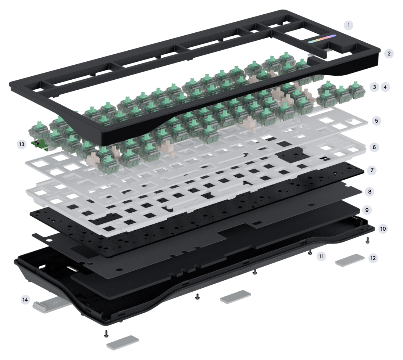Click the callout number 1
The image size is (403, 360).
pos(348,25)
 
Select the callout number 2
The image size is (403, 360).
pos(388,53)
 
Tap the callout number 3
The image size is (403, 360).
pos(374,87)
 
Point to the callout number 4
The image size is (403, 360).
pos(385,87)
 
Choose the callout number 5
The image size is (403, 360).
pos(376,120)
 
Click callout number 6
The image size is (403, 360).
pos(374,147)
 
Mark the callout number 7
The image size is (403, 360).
pos(372,170)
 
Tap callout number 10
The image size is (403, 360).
pos(383,228)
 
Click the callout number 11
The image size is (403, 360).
pos(322,256)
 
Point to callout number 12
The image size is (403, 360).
pos(373,258)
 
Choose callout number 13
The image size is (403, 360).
pos(22,144)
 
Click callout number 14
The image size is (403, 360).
pos(25,300)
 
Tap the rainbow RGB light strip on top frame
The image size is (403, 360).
pos(322,39)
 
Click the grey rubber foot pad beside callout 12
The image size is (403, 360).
pos(350,260)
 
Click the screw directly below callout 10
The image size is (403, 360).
pos(367,240)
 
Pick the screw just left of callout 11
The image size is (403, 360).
pos(310,252)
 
